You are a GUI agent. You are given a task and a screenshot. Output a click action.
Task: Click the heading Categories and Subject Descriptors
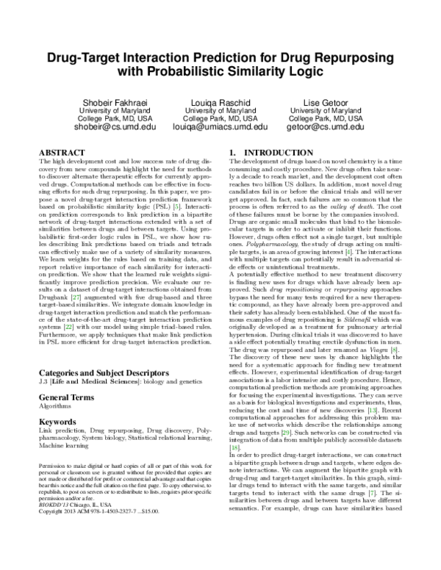(x=107, y=372)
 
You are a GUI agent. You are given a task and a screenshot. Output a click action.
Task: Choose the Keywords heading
(x=58, y=422)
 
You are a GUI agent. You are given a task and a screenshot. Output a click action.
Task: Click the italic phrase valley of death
(x=351, y=208)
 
